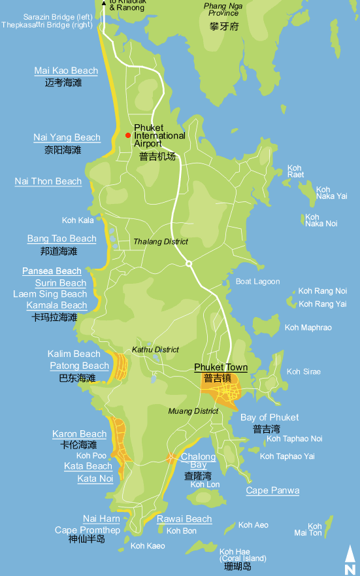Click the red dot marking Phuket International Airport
click(x=128, y=135)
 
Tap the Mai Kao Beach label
click(x=66, y=71)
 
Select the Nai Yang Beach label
click(x=67, y=137)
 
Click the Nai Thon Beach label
click(x=48, y=181)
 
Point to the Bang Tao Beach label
click(x=61, y=239)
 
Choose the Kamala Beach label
click(x=57, y=305)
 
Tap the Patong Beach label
click(x=78, y=365)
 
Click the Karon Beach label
click(x=79, y=434)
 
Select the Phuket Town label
click(x=221, y=367)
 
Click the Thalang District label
click(x=161, y=242)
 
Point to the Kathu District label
click(x=155, y=350)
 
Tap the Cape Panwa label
click(x=272, y=490)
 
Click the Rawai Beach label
click(x=184, y=519)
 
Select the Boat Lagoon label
click(x=257, y=282)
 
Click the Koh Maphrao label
click(x=308, y=328)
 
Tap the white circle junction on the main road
click(x=188, y=263)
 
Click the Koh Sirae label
click(x=303, y=371)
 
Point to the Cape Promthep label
click(x=88, y=530)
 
